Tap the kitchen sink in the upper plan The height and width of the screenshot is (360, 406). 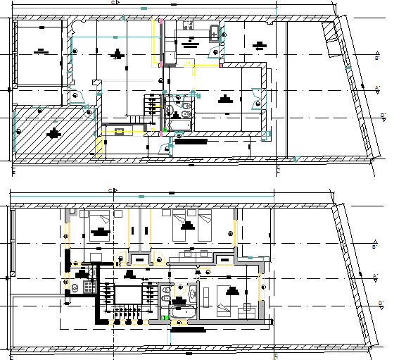(215, 31)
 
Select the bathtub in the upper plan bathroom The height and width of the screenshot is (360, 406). (180, 125)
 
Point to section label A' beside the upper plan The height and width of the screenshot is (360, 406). (378, 89)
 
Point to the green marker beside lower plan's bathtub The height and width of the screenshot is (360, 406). (165, 318)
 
